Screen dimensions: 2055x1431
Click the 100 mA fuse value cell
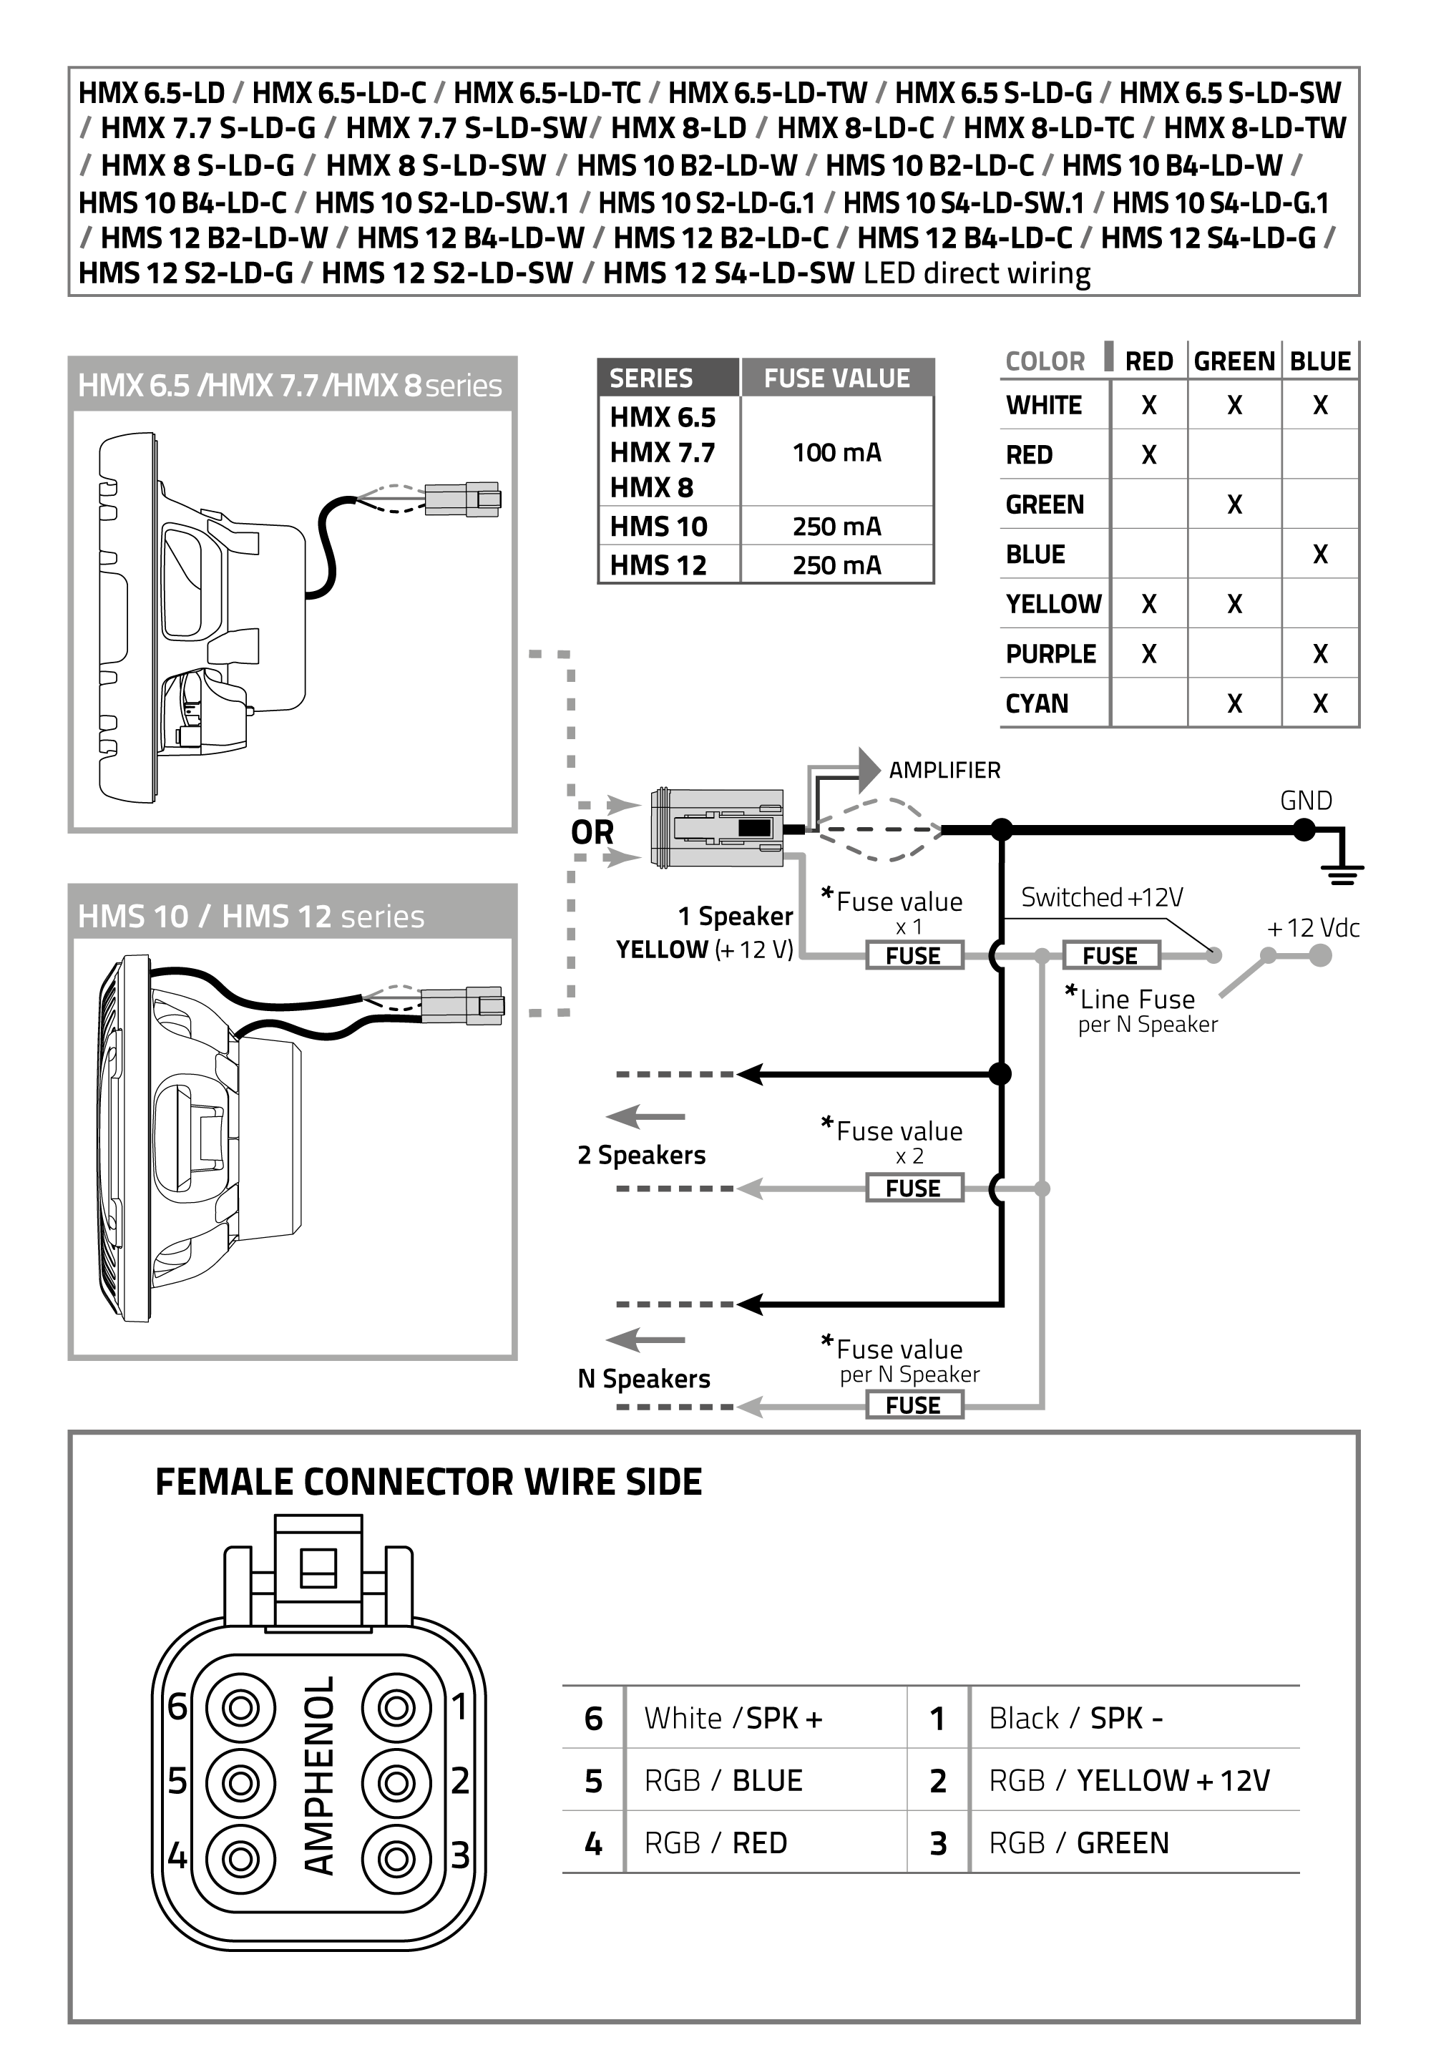pyautogui.click(x=836, y=452)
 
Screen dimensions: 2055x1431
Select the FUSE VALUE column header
pyautogui.click(x=836, y=379)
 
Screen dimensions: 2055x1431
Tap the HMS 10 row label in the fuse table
pyautogui.click(x=659, y=527)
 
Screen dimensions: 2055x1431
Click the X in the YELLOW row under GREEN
pyautogui.click(x=1234, y=604)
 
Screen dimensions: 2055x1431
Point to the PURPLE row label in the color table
pyautogui.click(x=1050, y=654)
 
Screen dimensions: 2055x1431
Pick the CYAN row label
pyautogui.click(x=1036, y=703)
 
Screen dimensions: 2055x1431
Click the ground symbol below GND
pyautogui.click(x=1342, y=871)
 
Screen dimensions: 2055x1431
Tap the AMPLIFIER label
pyautogui.click(x=944, y=770)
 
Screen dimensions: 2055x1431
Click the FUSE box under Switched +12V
pyautogui.click(x=1110, y=955)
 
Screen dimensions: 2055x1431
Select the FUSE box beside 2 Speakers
pyautogui.click(x=914, y=1188)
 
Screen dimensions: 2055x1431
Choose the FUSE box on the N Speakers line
pyautogui.click(x=914, y=1405)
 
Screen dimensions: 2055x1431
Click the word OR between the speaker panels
pyautogui.click(x=592, y=832)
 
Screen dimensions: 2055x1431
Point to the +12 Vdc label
pyautogui.click(x=1313, y=928)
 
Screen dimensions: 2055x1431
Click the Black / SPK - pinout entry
pyautogui.click(x=1075, y=1717)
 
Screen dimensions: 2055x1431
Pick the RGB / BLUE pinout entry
pyautogui.click(x=723, y=1780)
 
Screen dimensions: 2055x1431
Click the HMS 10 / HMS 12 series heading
pyautogui.click(x=250, y=916)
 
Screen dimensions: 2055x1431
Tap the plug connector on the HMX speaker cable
pyautogui.click(x=461, y=499)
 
